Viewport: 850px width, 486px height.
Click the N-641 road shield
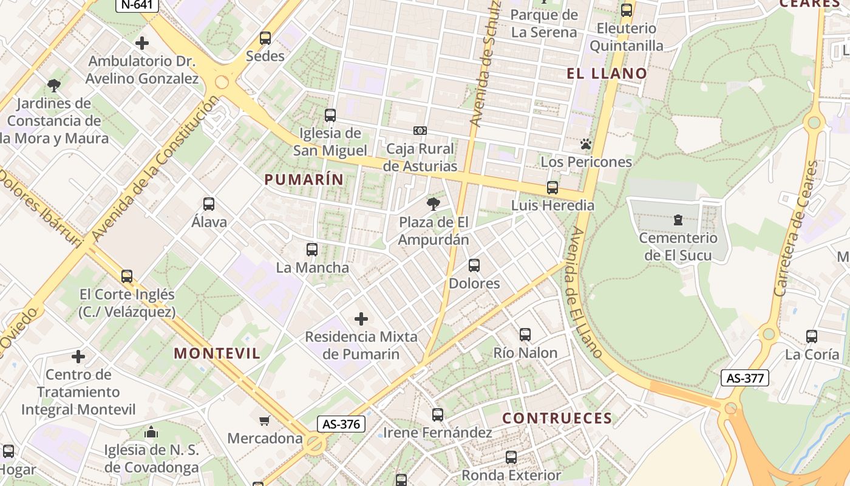pyautogui.click(x=137, y=5)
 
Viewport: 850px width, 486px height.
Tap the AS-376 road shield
pyautogui.click(x=341, y=424)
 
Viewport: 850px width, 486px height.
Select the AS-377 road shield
pyautogui.click(x=745, y=378)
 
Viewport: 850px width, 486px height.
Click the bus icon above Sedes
pyautogui.click(x=265, y=38)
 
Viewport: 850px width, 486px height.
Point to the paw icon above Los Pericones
pyautogui.click(x=586, y=144)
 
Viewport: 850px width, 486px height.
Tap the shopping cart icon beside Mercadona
pyautogui.click(x=265, y=420)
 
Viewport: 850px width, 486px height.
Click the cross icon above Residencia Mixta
pyautogui.click(x=361, y=318)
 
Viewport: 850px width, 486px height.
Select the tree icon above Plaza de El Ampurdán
pyautogui.click(x=433, y=204)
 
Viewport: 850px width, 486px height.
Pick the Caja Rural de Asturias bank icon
pyautogui.click(x=420, y=131)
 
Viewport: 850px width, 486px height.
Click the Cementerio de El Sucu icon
pyautogui.click(x=678, y=220)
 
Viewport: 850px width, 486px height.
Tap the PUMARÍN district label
pyautogui.click(x=304, y=179)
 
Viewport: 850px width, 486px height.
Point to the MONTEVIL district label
pyautogui.click(x=217, y=353)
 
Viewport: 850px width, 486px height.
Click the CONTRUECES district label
pyautogui.click(x=557, y=418)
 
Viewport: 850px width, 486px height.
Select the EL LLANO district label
pyautogui.click(x=607, y=74)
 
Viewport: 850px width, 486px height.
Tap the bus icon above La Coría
pyautogui.click(x=812, y=336)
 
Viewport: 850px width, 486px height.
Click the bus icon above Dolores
pyautogui.click(x=474, y=265)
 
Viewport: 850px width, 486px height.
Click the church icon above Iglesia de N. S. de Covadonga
pyautogui.click(x=151, y=432)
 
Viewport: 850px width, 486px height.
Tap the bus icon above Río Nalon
pyautogui.click(x=525, y=334)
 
